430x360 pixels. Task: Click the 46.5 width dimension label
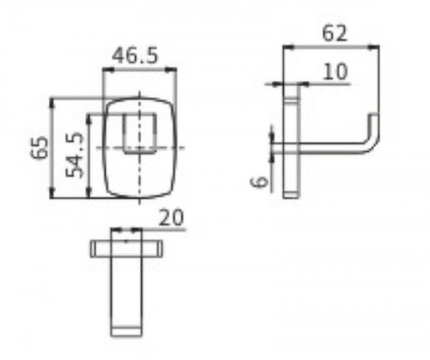point(135,56)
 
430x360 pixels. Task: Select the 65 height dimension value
point(40,148)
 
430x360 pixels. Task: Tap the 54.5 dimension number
point(75,155)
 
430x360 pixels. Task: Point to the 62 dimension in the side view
point(335,34)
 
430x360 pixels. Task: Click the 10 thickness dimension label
point(335,71)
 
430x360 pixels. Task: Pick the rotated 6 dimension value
point(260,181)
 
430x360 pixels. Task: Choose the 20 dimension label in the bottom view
point(171,217)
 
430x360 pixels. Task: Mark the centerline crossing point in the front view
point(139,148)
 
